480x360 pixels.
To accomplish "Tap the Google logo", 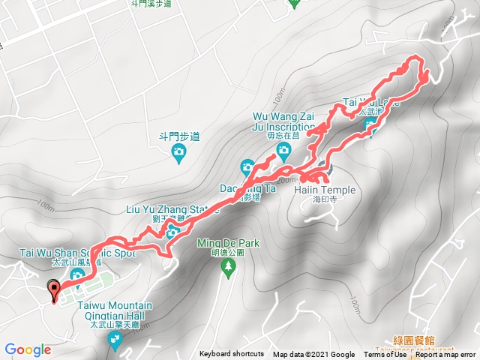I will (x=27, y=349).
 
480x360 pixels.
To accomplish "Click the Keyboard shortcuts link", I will (x=231, y=355).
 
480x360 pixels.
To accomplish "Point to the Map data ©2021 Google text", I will (x=313, y=355).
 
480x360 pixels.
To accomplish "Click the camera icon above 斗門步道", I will (x=178, y=154).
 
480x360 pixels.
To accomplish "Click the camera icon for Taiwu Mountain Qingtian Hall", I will (x=115, y=342).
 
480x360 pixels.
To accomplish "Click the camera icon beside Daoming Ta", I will (x=248, y=167).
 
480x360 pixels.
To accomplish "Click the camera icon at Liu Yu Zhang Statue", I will (x=171, y=233).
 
